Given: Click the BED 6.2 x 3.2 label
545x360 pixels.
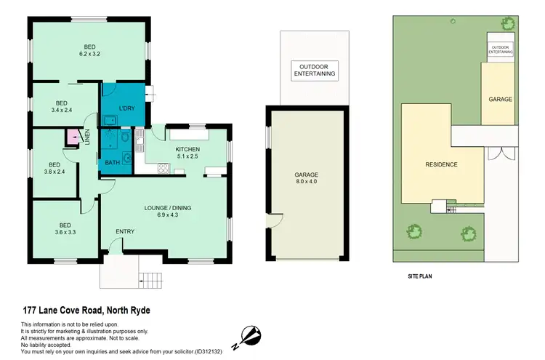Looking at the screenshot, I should (x=89, y=49).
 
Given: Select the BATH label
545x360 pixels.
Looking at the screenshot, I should (x=112, y=162).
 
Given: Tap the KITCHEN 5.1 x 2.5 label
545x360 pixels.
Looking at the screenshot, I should (x=187, y=153).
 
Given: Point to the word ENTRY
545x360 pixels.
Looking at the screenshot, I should (x=125, y=232).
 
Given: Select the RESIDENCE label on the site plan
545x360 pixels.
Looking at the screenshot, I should (x=441, y=164).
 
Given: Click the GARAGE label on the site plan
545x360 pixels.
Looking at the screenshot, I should (x=500, y=99).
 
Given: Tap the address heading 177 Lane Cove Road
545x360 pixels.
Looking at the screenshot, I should (x=85, y=311).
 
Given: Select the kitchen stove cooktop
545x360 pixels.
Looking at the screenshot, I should (x=163, y=170).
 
